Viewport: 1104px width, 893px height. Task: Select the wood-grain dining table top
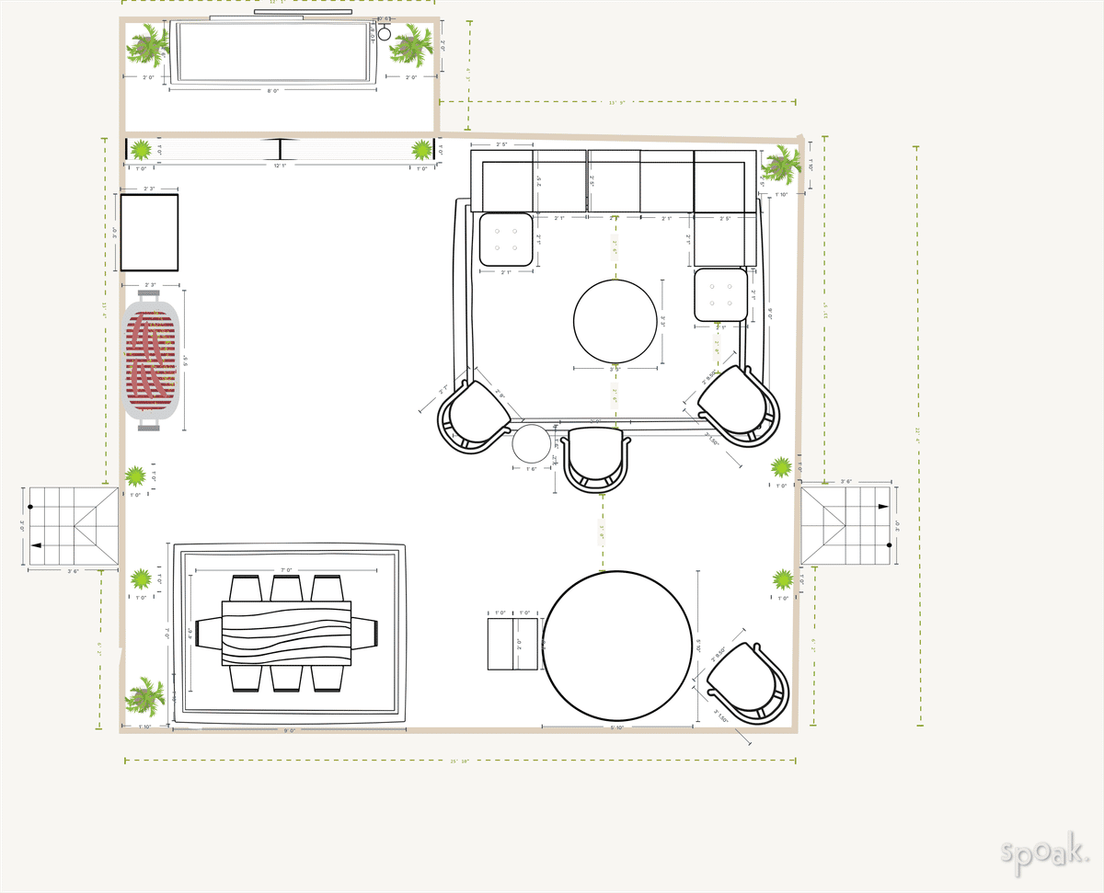click(286, 633)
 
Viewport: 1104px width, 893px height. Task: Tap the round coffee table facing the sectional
click(615, 321)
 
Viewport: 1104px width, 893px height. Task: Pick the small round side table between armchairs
click(531, 444)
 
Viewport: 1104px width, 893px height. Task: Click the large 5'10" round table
click(617, 645)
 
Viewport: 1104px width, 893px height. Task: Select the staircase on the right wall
click(845, 525)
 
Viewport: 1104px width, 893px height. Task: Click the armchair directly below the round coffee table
click(597, 458)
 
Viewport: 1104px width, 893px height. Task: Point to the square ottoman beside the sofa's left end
click(505, 239)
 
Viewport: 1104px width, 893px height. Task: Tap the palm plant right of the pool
click(411, 44)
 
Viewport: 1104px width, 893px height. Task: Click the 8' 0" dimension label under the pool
click(273, 91)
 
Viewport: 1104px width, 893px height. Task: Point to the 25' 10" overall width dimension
click(460, 761)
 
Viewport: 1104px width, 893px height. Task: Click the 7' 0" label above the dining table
click(286, 570)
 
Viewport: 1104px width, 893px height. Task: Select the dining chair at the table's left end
click(209, 634)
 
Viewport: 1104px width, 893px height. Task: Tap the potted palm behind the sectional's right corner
click(780, 166)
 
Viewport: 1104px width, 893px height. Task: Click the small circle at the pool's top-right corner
click(385, 34)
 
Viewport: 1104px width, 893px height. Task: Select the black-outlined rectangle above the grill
click(149, 232)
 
